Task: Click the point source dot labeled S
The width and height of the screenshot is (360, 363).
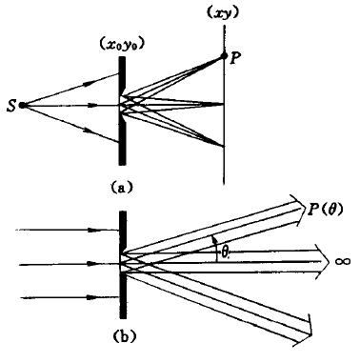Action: pyautogui.click(x=22, y=105)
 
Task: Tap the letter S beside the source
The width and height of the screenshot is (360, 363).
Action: pyautogui.click(x=11, y=106)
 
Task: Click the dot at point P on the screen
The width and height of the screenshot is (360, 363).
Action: pyautogui.click(x=224, y=56)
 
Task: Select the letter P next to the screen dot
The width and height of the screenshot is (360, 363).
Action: pyautogui.click(x=234, y=57)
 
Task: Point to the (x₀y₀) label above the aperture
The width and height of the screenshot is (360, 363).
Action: pyautogui.click(x=122, y=46)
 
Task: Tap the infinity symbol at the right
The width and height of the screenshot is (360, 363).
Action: pyautogui.click(x=343, y=262)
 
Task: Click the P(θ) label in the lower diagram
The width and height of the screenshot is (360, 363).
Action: pyautogui.click(x=325, y=211)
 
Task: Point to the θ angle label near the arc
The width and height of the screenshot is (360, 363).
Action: pyautogui.click(x=224, y=253)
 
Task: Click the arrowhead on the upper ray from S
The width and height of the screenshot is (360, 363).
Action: pyautogui.click(x=89, y=83)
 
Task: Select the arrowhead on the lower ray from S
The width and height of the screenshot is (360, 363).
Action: pyautogui.click(x=90, y=130)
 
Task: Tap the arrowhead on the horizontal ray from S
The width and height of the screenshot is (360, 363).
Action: pyautogui.click(x=92, y=105)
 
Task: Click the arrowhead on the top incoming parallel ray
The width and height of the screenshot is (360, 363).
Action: pyautogui.click(x=93, y=230)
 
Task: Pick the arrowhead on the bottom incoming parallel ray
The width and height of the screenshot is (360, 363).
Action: pyautogui.click(x=93, y=297)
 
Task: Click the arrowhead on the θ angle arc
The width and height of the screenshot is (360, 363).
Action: pyautogui.click(x=214, y=238)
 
